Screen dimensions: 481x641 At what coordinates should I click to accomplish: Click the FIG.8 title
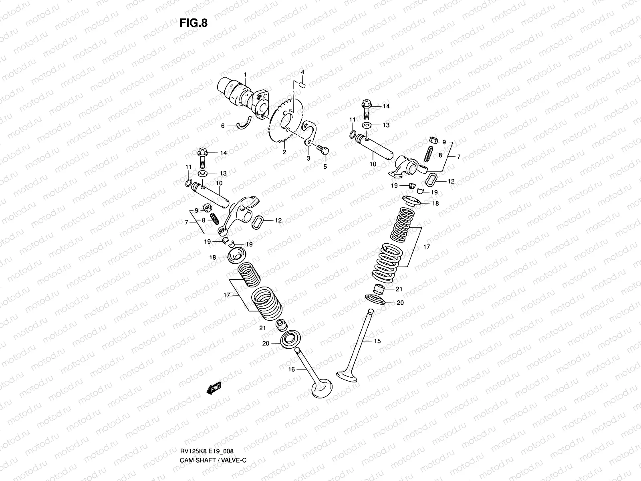[x=194, y=23]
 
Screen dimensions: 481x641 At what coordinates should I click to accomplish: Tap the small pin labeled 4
[x=302, y=85]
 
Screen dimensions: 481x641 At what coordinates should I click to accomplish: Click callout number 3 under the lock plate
[x=308, y=159]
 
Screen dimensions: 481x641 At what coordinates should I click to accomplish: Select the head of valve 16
[x=322, y=388]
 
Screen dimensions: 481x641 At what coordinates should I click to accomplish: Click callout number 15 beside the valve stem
[x=377, y=341]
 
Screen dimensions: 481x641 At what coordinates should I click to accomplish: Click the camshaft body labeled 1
[x=240, y=94]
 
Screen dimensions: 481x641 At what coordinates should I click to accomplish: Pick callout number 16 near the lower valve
[x=292, y=369]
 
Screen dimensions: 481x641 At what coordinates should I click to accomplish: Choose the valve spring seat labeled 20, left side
[x=289, y=341]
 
